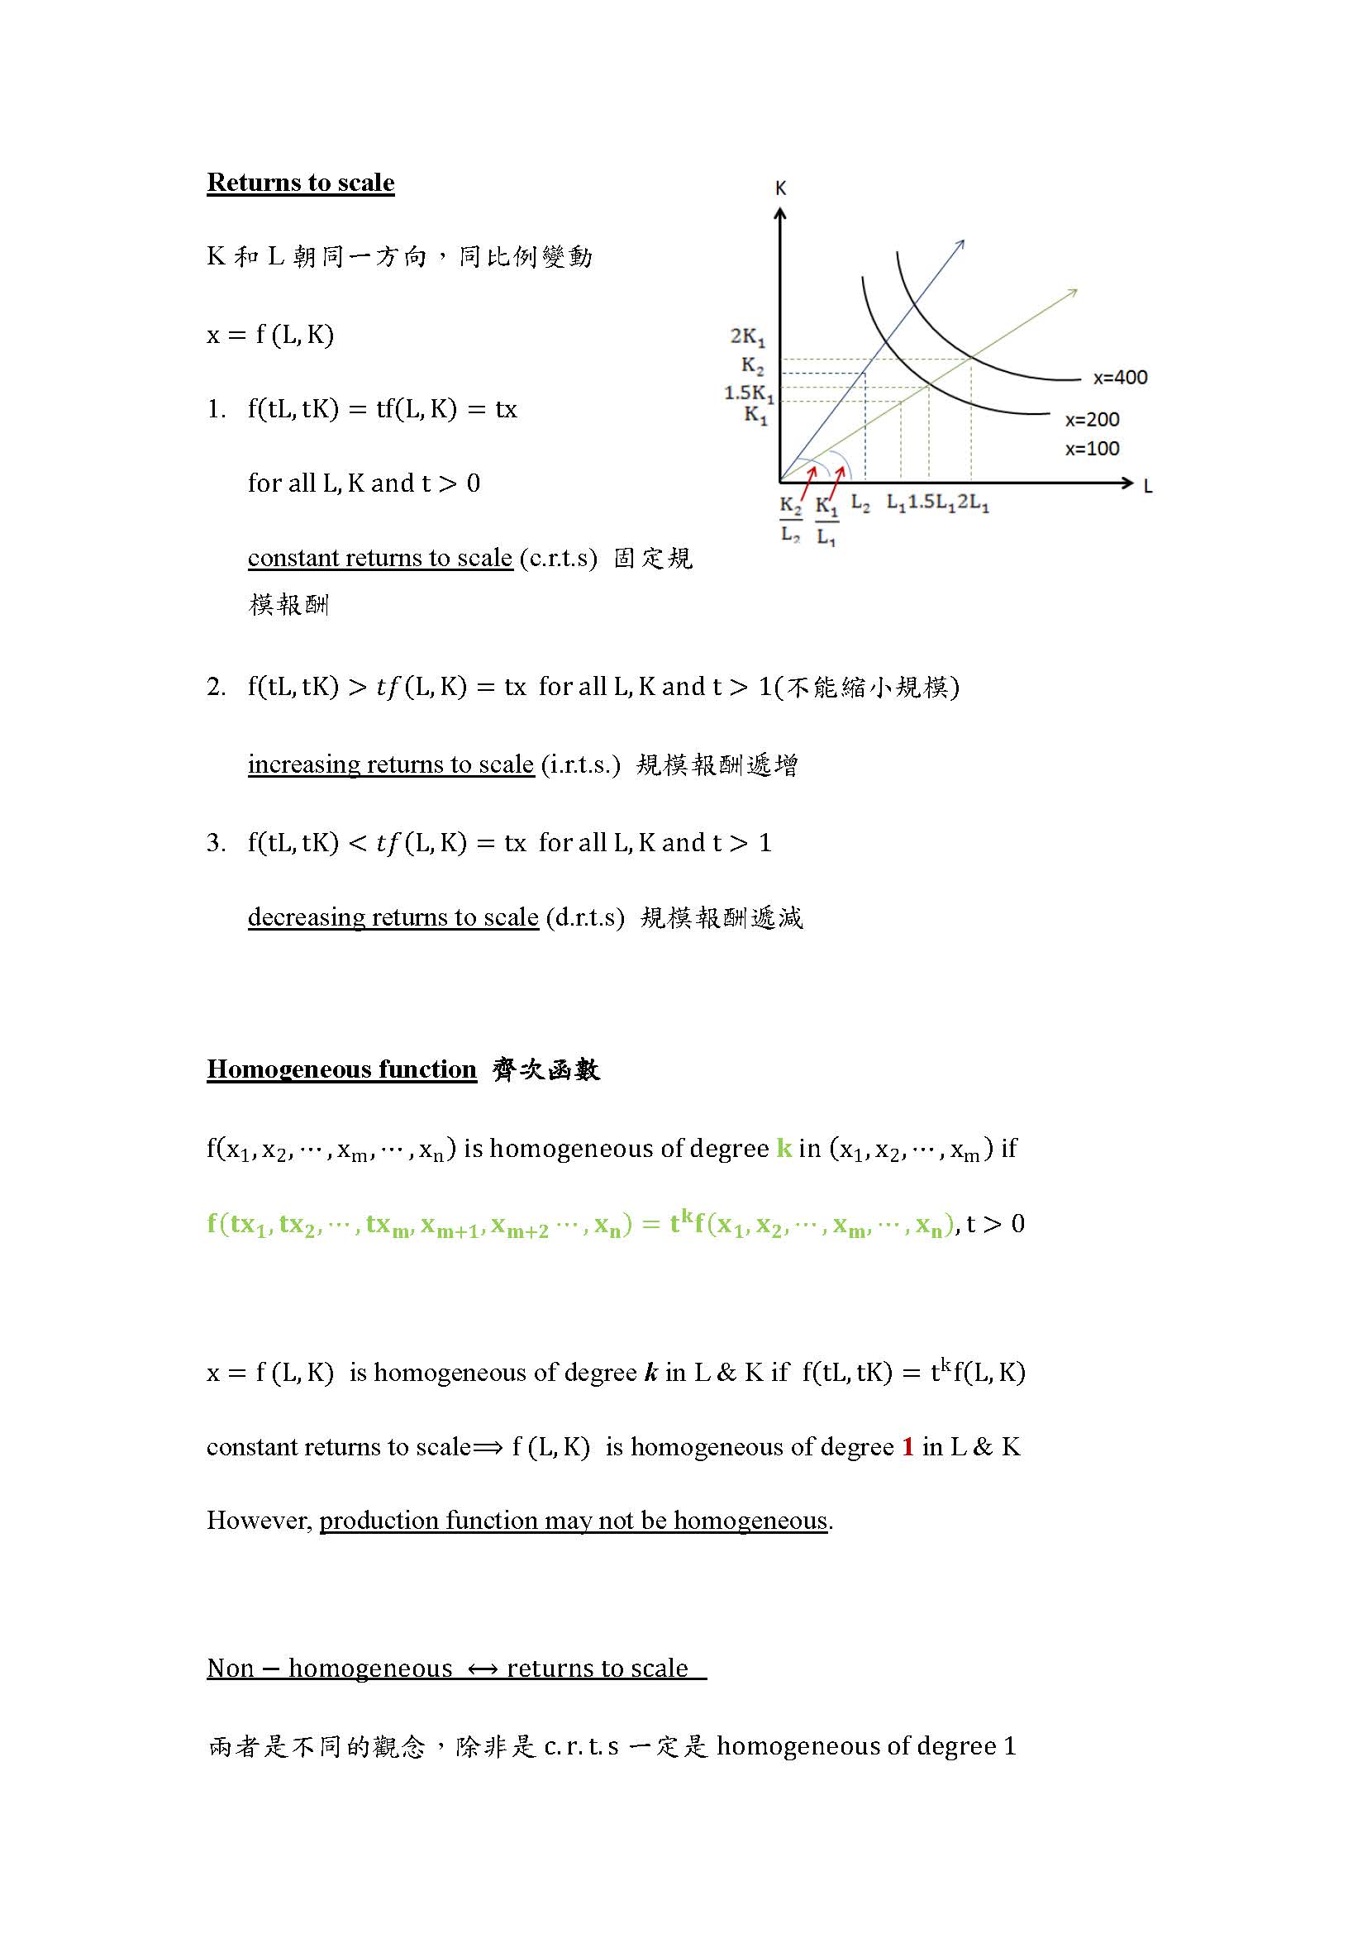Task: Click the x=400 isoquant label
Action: tap(1120, 377)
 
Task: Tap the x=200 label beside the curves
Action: tap(1092, 419)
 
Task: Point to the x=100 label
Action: tap(1092, 449)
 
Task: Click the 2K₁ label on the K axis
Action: tap(747, 336)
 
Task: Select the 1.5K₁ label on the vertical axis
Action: tap(748, 393)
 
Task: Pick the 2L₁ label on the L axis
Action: tap(973, 503)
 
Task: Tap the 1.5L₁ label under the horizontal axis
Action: tap(931, 503)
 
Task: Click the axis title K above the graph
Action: tap(780, 188)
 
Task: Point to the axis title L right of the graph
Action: tap(1147, 486)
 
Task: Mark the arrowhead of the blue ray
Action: tap(960, 244)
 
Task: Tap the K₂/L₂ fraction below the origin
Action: tap(790, 520)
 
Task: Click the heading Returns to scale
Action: tap(301, 183)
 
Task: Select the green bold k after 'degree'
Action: tap(784, 1149)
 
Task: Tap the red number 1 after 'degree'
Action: tap(907, 1446)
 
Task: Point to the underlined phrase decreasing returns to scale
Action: tap(393, 917)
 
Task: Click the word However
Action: tap(259, 1521)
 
